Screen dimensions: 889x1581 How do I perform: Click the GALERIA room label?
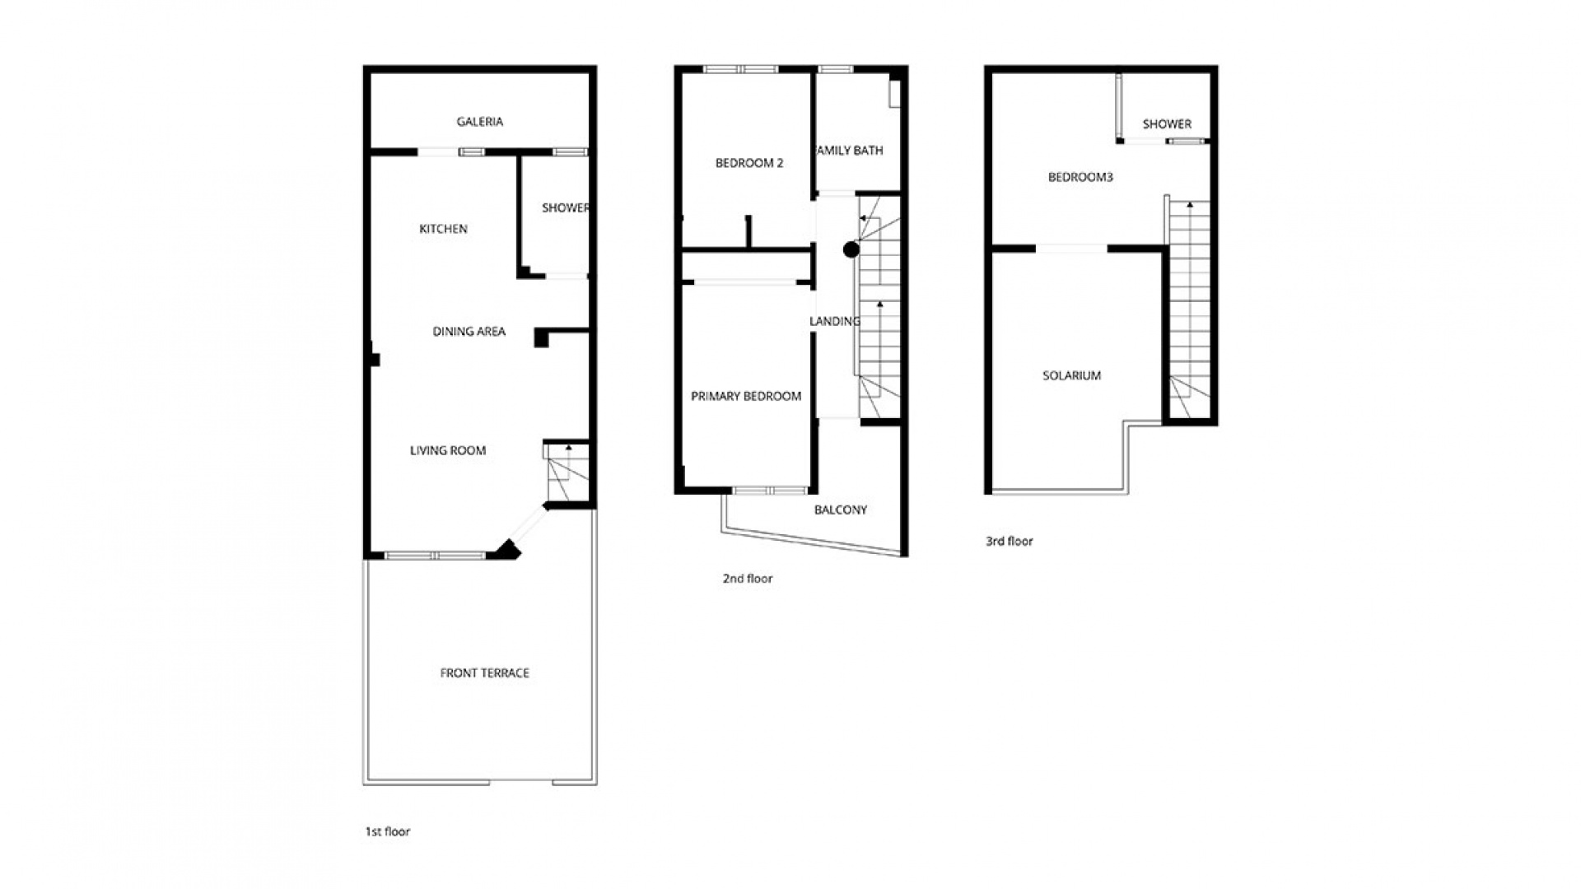479,122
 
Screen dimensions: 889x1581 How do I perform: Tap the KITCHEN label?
443,229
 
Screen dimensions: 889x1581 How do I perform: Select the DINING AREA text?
469,332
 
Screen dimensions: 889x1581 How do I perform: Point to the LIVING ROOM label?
448,450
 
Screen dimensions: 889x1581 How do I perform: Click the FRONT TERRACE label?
484,673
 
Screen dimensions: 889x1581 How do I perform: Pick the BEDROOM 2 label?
749,163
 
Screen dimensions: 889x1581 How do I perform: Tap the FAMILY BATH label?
849,151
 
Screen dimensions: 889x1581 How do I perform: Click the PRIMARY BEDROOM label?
745,396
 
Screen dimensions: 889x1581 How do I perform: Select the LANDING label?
834,321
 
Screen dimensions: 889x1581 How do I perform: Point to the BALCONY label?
840,510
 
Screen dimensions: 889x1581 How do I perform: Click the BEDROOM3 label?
1080,177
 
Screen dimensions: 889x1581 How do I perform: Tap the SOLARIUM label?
1071,375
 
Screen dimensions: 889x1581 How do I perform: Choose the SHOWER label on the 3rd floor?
1166,124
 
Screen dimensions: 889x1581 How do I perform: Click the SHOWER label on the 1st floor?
565,208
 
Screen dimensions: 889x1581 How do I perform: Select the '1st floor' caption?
387,831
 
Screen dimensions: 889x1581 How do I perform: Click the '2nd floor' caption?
747,579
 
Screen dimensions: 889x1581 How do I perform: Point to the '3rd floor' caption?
1009,542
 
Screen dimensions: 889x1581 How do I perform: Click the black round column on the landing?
851,249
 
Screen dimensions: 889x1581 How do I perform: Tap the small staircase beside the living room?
566,472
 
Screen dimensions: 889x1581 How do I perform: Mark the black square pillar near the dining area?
541,337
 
